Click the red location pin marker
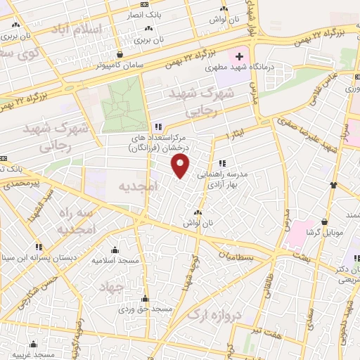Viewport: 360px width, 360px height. (181, 167)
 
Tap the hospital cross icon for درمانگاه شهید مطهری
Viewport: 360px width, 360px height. (239, 56)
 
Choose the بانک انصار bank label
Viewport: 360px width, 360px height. (163, 14)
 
